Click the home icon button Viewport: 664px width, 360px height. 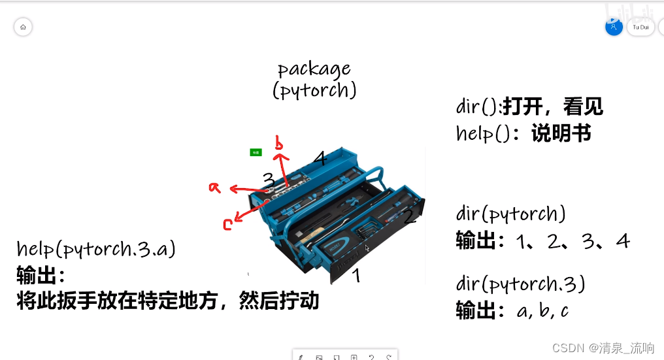pyautogui.click(x=23, y=27)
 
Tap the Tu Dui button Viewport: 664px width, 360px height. pyautogui.click(x=640, y=27)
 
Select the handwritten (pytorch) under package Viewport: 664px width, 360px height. pyautogui.click(x=314, y=90)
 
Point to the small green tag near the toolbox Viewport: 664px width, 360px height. pyautogui.click(x=256, y=152)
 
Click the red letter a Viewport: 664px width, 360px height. pyautogui.click(x=214, y=188)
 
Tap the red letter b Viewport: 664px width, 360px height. pyautogui.click(x=279, y=144)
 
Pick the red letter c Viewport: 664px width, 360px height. pyautogui.click(x=227, y=225)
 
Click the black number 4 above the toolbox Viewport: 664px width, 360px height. pyautogui.click(x=319, y=158)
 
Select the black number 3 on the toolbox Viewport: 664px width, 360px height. pyautogui.click(x=269, y=179)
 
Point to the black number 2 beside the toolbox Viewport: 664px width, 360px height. pyautogui.click(x=410, y=216)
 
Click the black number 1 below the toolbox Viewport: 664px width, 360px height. pyautogui.click(x=356, y=276)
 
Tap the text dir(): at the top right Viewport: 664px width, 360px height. pyautogui.click(x=479, y=107)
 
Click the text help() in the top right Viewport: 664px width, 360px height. pyautogui.click(x=482, y=133)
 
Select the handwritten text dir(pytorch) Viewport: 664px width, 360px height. pyautogui.click(x=510, y=214)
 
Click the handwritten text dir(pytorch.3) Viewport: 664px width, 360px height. pyautogui.click(x=520, y=284)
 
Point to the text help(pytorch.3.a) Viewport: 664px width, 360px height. pyautogui.click(x=96, y=249)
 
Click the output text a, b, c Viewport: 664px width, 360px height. pyautogui.click(x=542, y=310)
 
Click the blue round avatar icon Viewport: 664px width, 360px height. pyautogui.click(x=614, y=27)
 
